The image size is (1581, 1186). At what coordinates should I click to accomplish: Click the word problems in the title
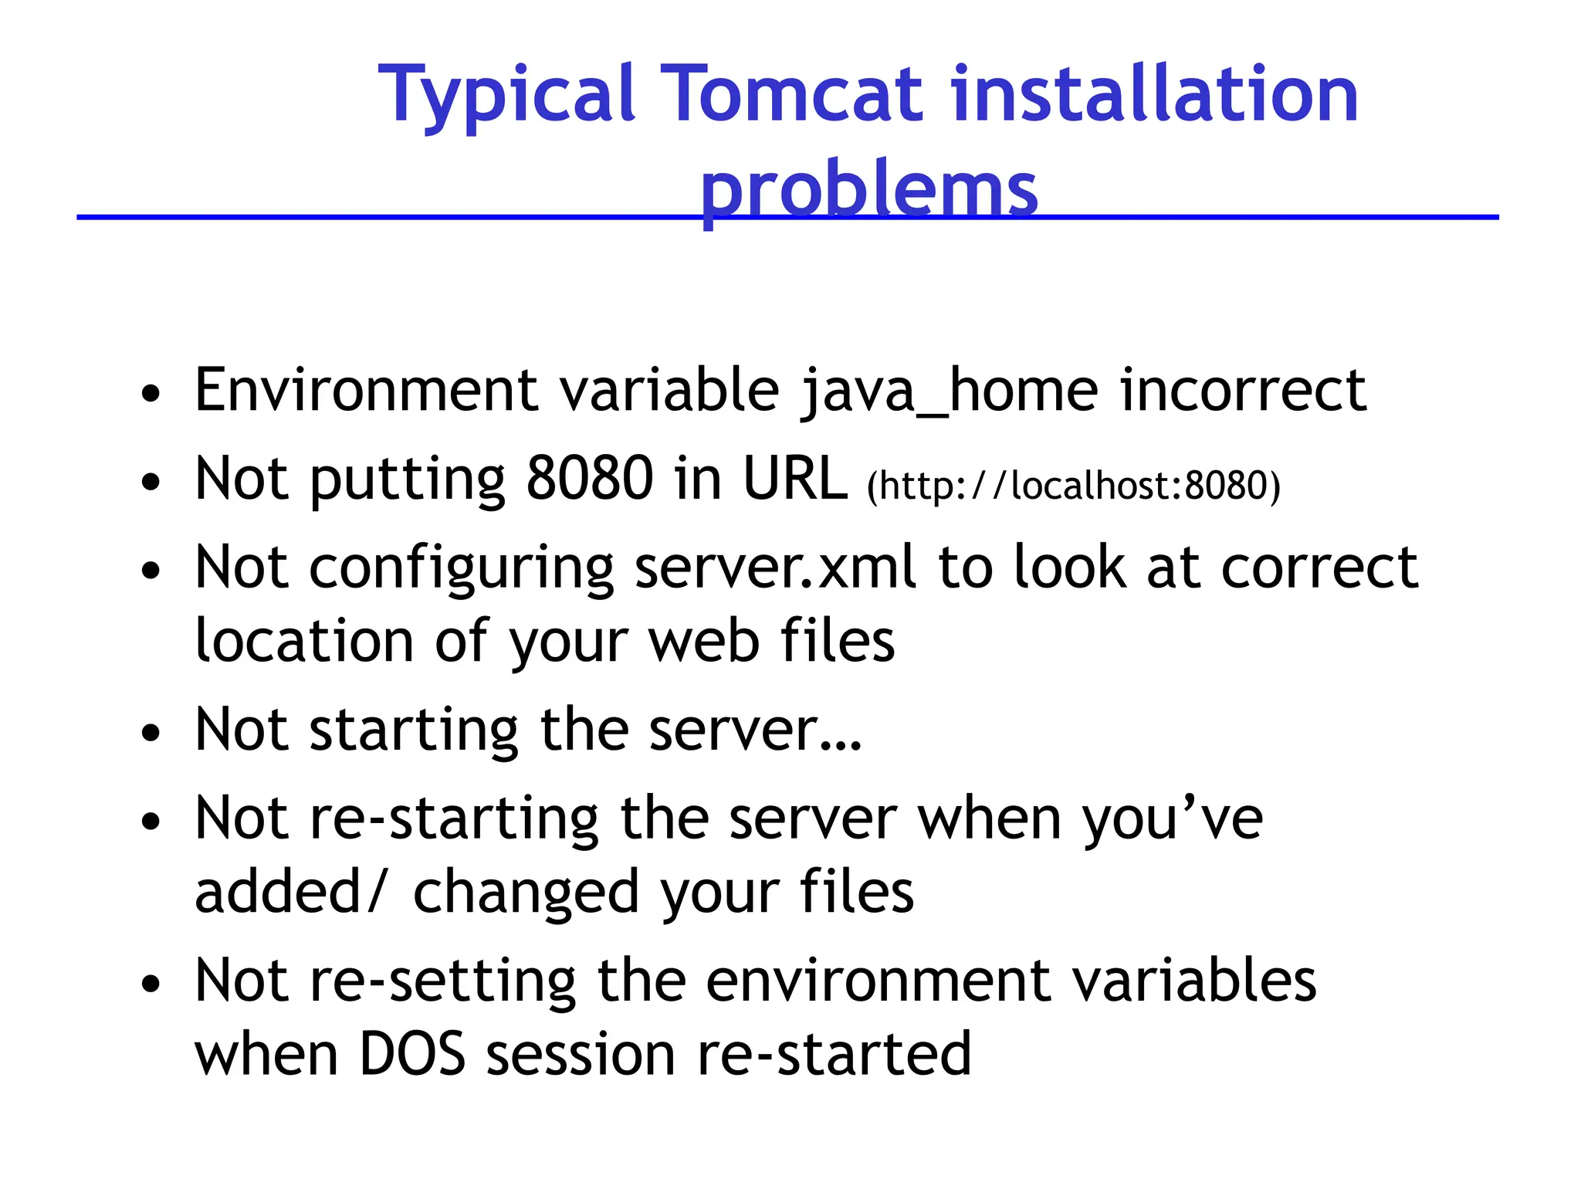tap(868, 189)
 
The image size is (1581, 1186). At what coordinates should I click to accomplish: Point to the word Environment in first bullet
tap(367, 390)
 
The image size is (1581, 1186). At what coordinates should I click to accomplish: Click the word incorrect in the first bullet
tap(1243, 390)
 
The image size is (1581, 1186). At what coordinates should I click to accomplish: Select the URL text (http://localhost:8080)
tap(1073, 486)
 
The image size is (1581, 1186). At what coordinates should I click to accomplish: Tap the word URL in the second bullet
tap(794, 479)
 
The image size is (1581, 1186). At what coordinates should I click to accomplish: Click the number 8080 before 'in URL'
tap(590, 479)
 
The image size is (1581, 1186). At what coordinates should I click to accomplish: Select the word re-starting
tap(454, 818)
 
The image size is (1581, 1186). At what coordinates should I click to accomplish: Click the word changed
tap(526, 893)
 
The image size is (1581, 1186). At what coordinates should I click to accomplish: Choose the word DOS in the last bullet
tap(412, 1055)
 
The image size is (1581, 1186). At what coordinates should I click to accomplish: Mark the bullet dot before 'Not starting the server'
tap(151, 732)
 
